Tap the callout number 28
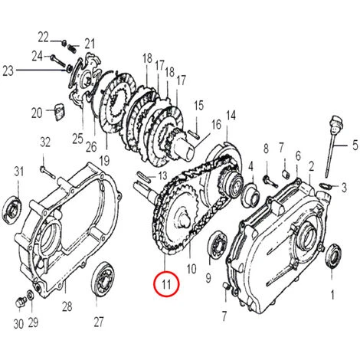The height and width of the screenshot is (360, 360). tap(67, 306)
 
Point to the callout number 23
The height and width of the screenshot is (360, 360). tap(8, 70)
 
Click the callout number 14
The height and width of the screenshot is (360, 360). tap(231, 116)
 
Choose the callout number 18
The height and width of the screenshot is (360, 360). tap(145, 58)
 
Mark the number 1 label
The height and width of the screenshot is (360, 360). tap(332, 293)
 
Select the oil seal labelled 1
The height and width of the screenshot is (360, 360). tap(334, 256)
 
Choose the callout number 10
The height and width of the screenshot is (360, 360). tap(191, 270)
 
